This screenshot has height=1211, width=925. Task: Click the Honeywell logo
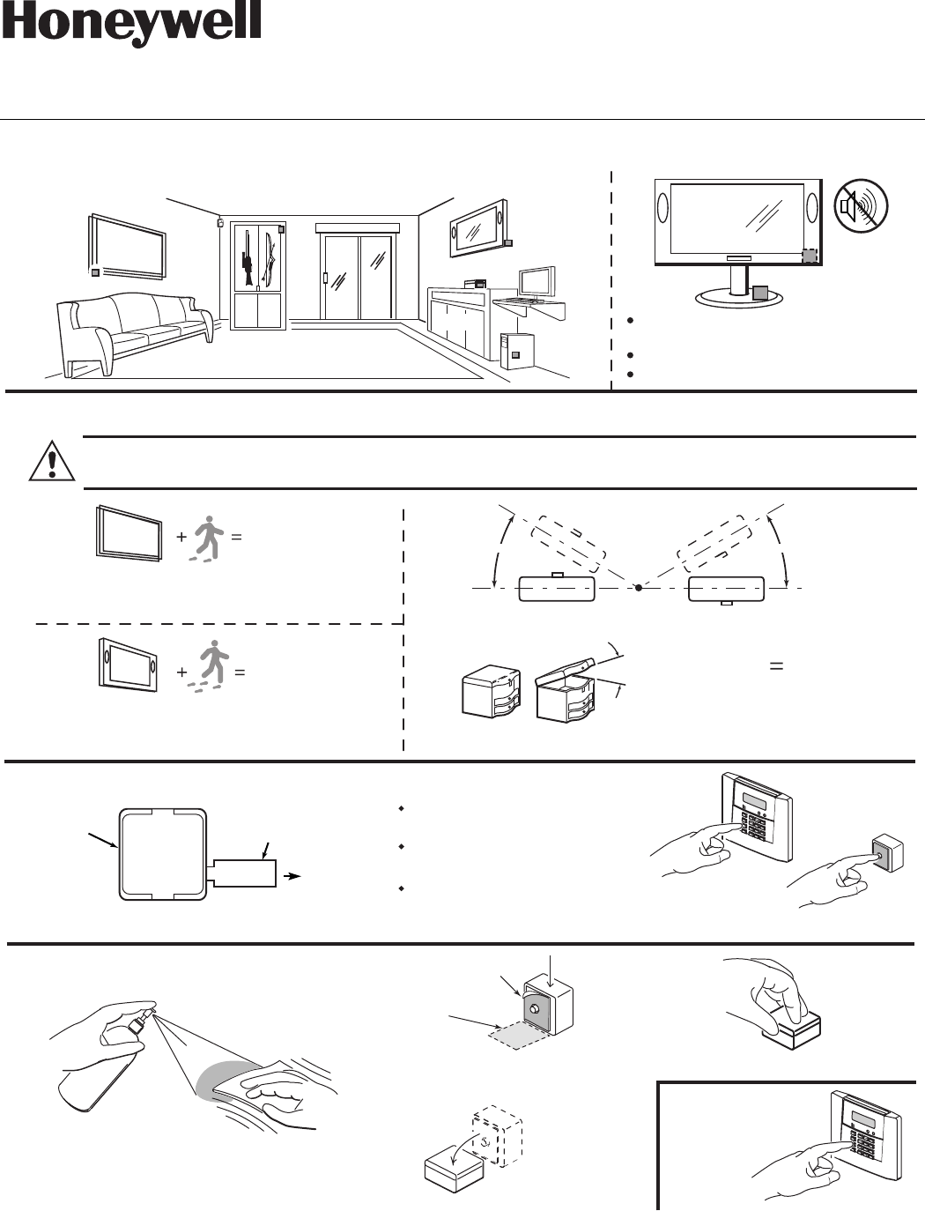coord(131,25)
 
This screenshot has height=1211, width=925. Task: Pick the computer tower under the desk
coord(516,351)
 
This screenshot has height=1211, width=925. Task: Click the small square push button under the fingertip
coord(881,852)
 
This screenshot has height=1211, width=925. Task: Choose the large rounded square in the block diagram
coord(163,854)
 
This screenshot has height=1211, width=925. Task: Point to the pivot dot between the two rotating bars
coord(638,587)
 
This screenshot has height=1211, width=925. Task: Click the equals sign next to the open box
coord(776,667)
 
